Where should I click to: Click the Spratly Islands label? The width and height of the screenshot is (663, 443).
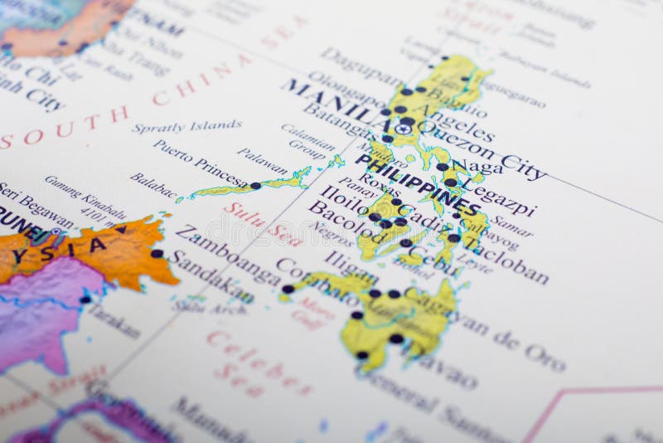186,126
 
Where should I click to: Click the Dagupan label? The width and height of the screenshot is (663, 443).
361,66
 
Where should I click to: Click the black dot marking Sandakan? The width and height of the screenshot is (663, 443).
157,254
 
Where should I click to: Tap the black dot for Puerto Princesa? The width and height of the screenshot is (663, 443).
255,186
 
